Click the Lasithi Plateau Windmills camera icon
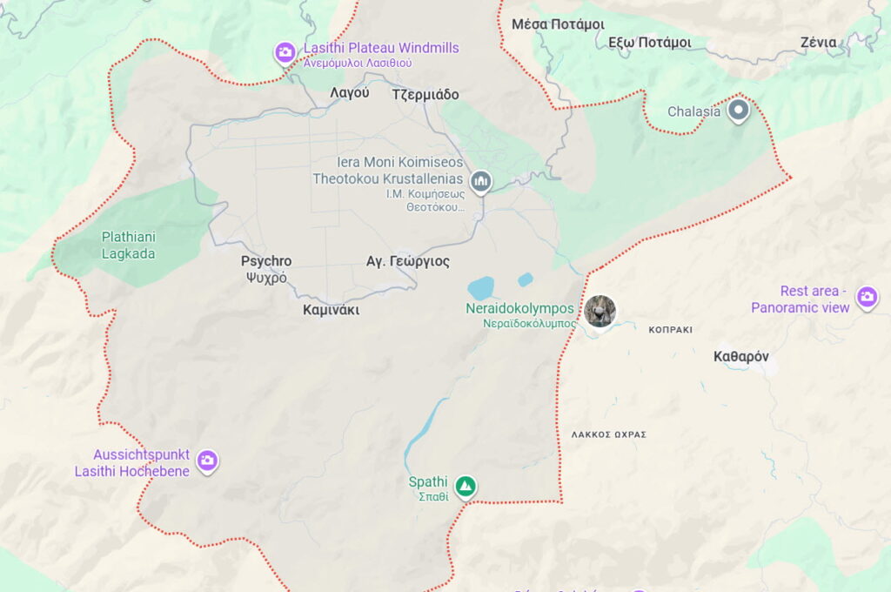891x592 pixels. pos(285,53)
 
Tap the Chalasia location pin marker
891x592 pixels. pos(739,111)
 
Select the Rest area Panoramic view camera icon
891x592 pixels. pos(867,298)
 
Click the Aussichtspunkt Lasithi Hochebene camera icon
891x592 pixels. pos(206,461)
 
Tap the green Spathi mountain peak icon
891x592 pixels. pos(466,486)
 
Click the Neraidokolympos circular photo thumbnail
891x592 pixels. pos(600,311)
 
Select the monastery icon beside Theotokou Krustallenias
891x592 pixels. pos(480,181)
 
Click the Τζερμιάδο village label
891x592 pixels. pos(425,95)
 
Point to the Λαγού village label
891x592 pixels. pos(350,93)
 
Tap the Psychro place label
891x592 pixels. pos(266,261)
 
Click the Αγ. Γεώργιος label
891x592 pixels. pos(408,260)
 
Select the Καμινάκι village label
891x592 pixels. pos(331,310)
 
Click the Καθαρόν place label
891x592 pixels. pos(740,356)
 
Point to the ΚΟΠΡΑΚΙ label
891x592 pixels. pos(670,330)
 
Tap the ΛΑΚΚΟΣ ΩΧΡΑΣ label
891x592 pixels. pos(609,434)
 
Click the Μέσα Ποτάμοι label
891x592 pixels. pos(553,24)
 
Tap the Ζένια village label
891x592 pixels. pos(818,42)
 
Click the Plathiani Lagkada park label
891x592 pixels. pos(128,245)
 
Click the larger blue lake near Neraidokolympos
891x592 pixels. pos(480,288)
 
